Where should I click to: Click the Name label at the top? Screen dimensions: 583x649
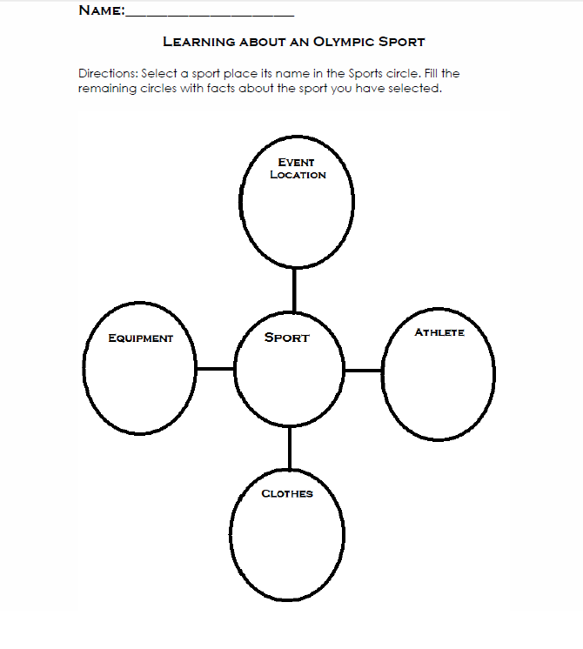pyautogui.click(x=102, y=10)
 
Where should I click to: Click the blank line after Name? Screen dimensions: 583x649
pyautogui.click(x=210, y=16)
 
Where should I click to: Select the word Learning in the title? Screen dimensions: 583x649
pyautogui.click(x=199, y=42)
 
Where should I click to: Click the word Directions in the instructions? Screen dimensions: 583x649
pyautogui.click(x=108, y=73)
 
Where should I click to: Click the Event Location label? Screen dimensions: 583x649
pyautogui.click(x=298, y=169)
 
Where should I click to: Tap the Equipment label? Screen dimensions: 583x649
pyautogui.click(x=140, y=338)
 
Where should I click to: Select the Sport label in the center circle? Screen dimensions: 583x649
pyautogui.click(x=287, y=338)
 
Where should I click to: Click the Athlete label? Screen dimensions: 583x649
pyautogui.click(x=439, y=332)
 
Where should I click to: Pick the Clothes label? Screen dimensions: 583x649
pyautogui.click(x=287, y=493)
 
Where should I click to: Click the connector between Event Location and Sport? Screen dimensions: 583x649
pyautogui.click(x=294, y=290)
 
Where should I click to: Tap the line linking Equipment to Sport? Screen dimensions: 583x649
pyautogui.click(x=215, y=368)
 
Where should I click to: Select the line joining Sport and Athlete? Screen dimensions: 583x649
pyautogui.click(x=363, y=371)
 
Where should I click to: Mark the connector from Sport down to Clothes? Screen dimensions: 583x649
pyautogui.click(x=290, y=448)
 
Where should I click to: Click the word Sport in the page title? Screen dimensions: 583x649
pyautogui.click(x=402, y=42)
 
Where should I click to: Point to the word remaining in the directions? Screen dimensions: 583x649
pyautogui.click(x=107, y=89)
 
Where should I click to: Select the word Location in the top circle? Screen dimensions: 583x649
pyautogui.click(x=298, y=175)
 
